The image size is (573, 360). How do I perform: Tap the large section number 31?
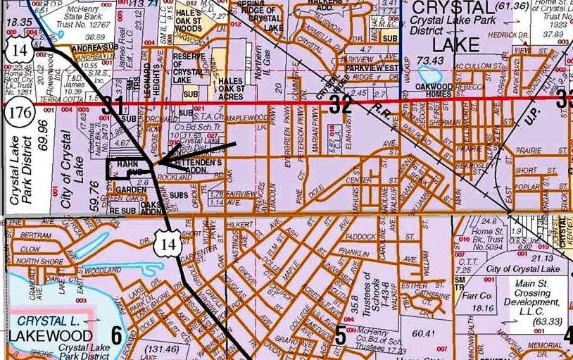[113, 106]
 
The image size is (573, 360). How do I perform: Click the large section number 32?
[341, 105]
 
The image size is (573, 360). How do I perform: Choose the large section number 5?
[340, 335]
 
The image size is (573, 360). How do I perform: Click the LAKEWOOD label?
[50, 335]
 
